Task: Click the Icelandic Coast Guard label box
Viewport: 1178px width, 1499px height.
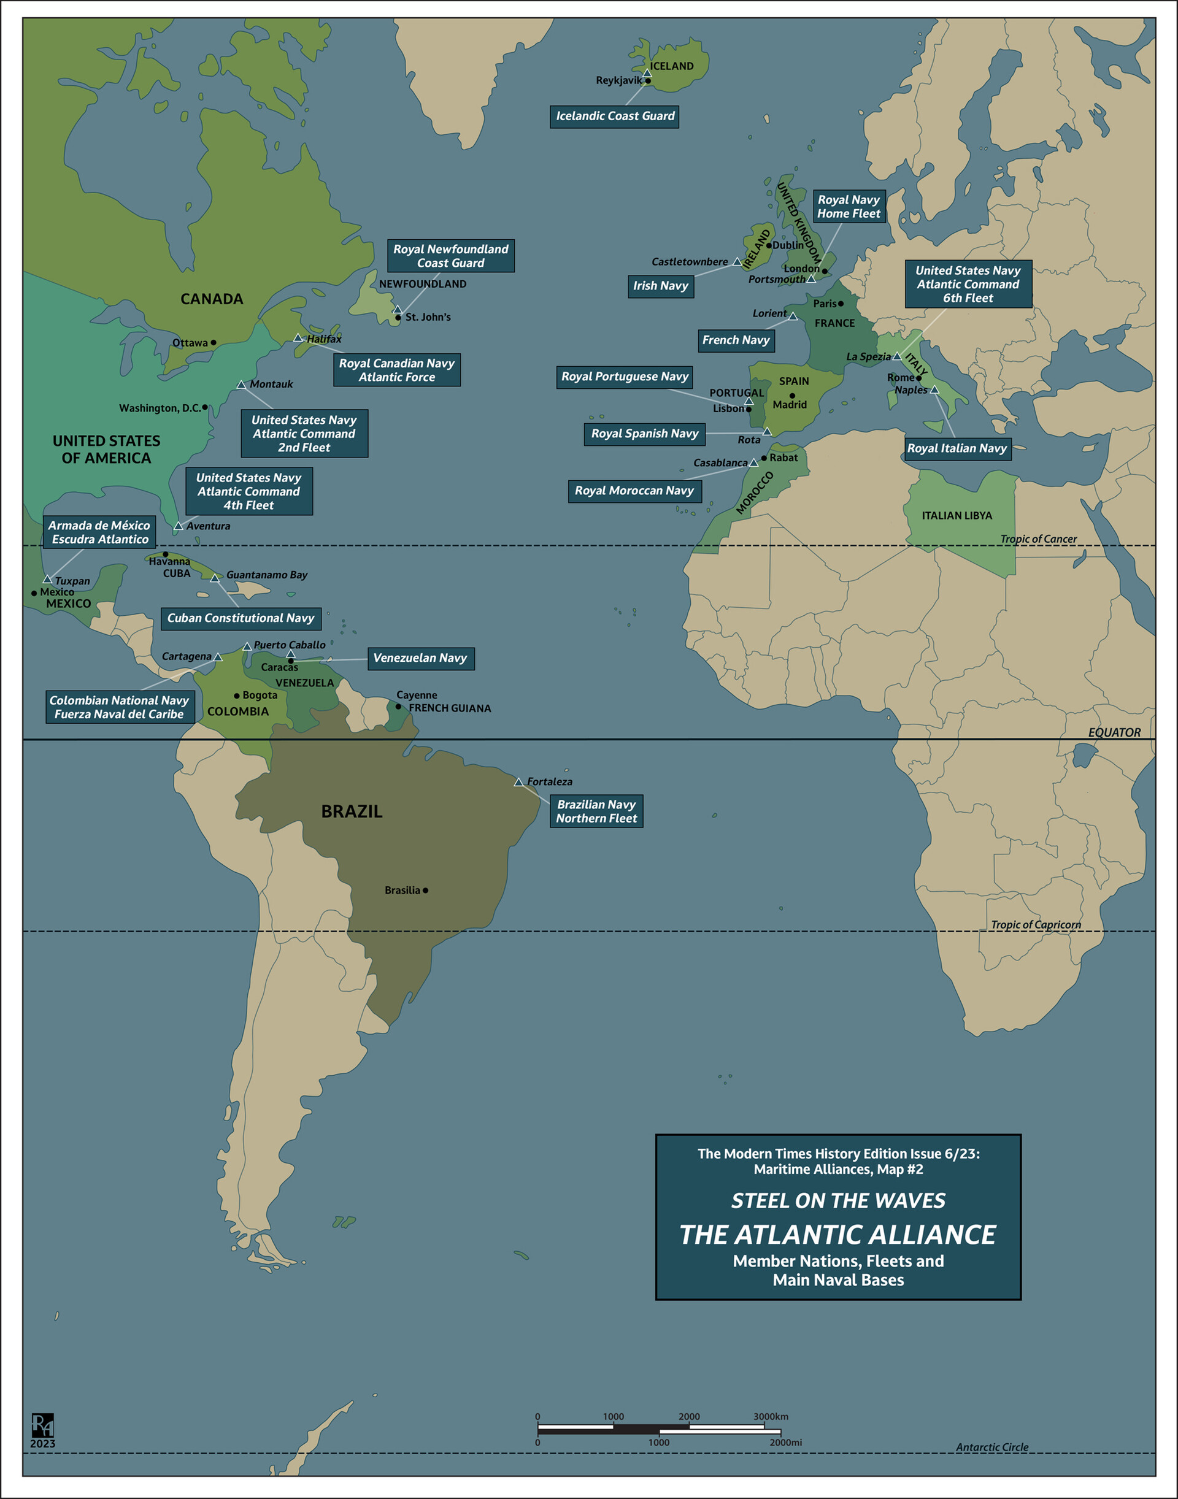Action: (615, 116)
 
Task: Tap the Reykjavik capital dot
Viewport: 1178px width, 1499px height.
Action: (648, 81)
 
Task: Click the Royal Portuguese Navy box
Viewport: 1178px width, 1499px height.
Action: (624, 377)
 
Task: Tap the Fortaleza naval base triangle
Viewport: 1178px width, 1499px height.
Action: (518, 782)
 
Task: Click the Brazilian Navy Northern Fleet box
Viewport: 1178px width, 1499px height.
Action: (596, 811)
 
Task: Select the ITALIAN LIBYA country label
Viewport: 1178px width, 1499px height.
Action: (957, 515)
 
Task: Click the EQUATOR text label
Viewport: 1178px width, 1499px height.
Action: (1114, 732)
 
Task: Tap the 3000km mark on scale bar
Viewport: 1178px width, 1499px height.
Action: (770, 1416)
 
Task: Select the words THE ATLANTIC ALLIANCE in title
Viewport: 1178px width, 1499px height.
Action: (837, 1234)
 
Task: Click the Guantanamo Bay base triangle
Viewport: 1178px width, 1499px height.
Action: (215, 578)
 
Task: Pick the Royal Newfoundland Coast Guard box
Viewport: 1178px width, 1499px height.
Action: (450, 256)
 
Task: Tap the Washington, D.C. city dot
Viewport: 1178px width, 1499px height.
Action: (205, 407)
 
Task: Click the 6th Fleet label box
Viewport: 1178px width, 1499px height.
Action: (968, 284)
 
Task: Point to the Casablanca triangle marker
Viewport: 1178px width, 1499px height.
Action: (754, 462)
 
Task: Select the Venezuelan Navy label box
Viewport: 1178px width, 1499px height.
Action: (420, 657)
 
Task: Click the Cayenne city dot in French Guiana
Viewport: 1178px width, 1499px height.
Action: (398, 706)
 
